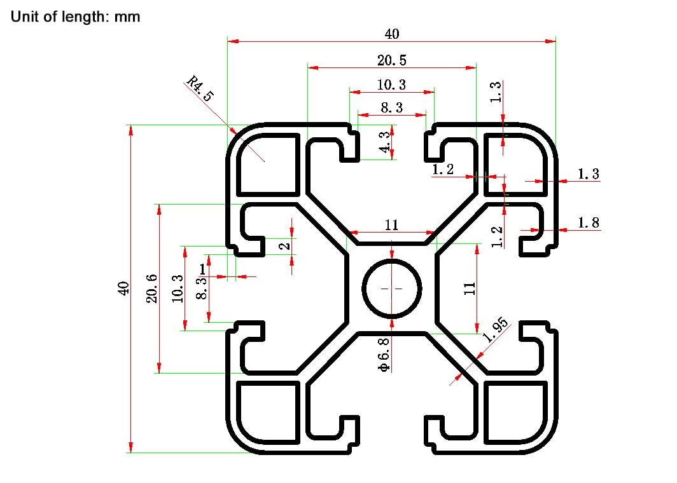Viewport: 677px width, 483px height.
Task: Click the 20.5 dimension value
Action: click(391, 60)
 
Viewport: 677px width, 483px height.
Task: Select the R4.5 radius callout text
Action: click(200, 88)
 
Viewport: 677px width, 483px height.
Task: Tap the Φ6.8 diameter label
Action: click(384, 355)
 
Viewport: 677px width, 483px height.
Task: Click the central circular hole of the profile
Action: click(391, 289)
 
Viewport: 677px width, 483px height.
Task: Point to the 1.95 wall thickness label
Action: click(495, 329)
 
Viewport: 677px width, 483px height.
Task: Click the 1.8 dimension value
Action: click(589, 222)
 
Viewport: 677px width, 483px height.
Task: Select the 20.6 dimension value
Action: click(152, 289)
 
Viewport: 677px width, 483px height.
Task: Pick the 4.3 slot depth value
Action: click(384, 142)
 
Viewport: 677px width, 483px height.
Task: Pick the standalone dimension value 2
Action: click(284, 246)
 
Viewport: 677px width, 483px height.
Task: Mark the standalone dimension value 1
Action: click(202, 269)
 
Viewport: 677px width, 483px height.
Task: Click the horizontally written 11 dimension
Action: click(391, 225)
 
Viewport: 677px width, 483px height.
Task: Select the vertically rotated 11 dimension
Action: click(470, 289)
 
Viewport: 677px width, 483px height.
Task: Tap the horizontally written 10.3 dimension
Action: click(391, 85)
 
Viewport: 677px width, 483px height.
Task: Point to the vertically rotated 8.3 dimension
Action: click(202, 289)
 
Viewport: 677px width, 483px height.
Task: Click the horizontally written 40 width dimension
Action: click(392, 34)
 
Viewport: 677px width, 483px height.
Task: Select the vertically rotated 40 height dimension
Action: click(123, 288)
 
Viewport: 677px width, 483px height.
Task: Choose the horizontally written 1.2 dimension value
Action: click(443, 170)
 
